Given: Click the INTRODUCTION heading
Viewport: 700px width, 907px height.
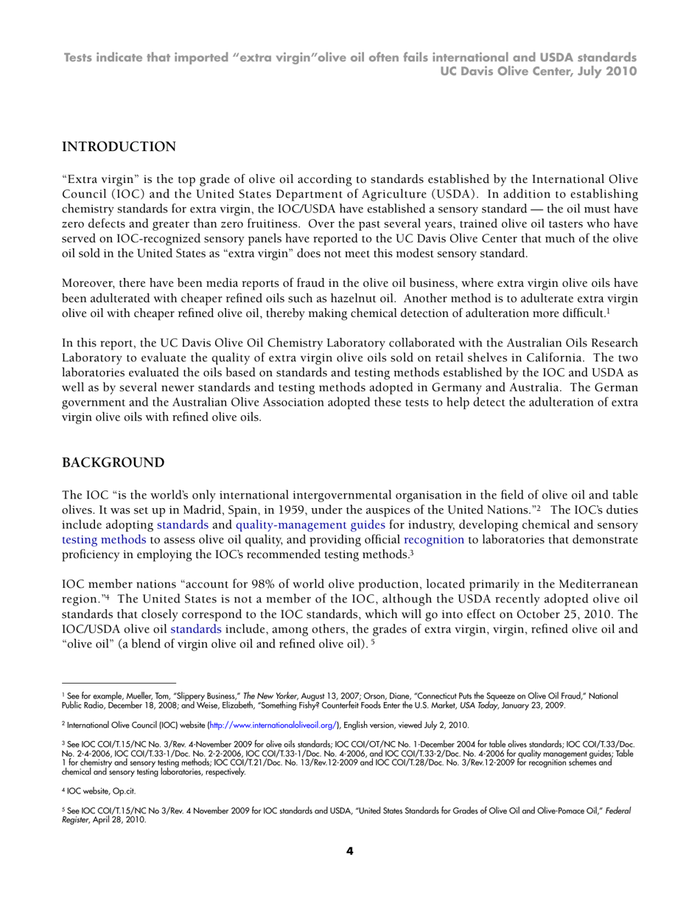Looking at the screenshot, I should (x=119, y=147).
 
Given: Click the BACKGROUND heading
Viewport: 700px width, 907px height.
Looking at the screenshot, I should (x=113, y=463).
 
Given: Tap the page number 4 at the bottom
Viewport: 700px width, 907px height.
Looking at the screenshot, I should (x=350, y=852).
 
